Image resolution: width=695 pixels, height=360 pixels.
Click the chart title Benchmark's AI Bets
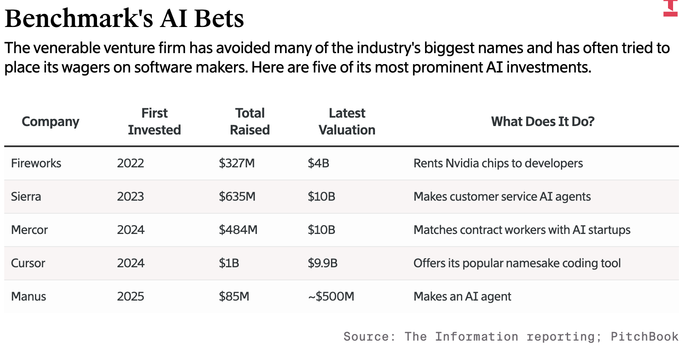pos(124,19)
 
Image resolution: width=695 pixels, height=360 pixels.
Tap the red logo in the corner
pos(670,8)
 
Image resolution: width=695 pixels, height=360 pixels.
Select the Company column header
pos(50,121)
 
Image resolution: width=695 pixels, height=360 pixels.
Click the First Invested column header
pos(154,121)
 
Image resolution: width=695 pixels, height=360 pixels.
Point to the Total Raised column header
pos(250,121)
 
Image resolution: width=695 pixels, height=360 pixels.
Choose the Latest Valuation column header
pos(347,121)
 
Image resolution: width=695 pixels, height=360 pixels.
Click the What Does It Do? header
pos(542,121)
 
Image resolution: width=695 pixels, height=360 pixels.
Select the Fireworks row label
pos(36,163)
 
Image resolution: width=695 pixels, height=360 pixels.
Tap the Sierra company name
pos(26,196)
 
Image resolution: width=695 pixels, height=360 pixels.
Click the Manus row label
pos(28,296)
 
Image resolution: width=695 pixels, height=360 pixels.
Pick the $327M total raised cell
pos(237,163)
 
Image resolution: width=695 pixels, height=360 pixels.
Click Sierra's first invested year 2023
pos(130,196)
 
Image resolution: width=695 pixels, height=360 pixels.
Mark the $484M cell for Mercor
pos(238,230)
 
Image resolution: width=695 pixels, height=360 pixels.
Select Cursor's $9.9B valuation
pos(323,263)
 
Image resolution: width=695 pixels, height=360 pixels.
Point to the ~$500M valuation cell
pos(331,296)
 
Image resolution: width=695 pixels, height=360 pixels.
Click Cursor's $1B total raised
pos(229,263)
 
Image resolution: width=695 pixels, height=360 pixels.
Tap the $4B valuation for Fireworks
pos(318,163)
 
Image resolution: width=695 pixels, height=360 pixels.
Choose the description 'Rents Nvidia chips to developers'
pos(498,163)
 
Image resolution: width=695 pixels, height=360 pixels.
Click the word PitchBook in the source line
pos(644,336)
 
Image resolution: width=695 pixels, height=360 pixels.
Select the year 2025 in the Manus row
pos(130,296)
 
